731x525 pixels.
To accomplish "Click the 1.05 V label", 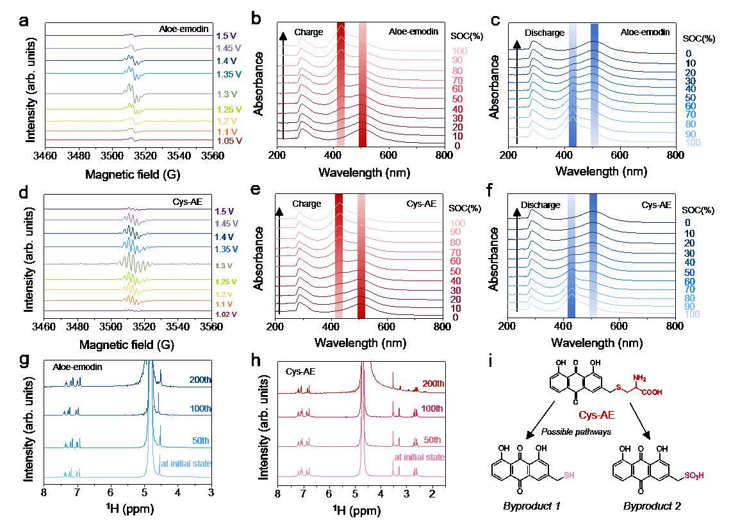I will (229, 141).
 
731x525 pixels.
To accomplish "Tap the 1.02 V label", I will (226, 314).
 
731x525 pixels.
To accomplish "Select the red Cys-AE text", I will (596, 416).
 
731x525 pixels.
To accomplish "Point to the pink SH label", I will (569, 476).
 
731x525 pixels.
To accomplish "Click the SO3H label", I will (694, 476).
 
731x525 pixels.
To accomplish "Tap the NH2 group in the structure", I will (639, 378).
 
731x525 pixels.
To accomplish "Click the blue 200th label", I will (200, 380).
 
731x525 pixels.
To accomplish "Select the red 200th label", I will (433, 384).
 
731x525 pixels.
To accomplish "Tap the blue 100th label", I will (201, 408).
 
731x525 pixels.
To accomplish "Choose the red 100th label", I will (432, 408).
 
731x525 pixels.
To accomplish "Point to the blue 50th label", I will (201, 441).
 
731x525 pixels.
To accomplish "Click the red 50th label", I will (432, 440).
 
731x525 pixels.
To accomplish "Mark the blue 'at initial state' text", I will (186, 463).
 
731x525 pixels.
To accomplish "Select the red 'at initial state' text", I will (419, 457).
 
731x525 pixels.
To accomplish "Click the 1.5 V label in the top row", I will (226, 36).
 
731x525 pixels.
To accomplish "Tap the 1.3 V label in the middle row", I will (224, 266).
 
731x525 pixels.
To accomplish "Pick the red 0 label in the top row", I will (457, 146).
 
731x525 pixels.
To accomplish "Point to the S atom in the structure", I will (618, 387).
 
